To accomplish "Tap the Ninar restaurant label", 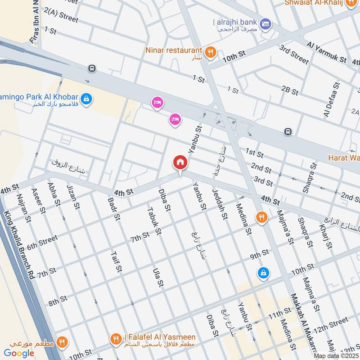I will [174, 50].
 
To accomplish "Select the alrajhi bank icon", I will [265, 22].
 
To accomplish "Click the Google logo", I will [19, 353].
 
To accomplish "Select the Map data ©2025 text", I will [336, 355].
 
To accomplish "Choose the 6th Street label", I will [42, 242].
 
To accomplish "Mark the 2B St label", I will [290, 92].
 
